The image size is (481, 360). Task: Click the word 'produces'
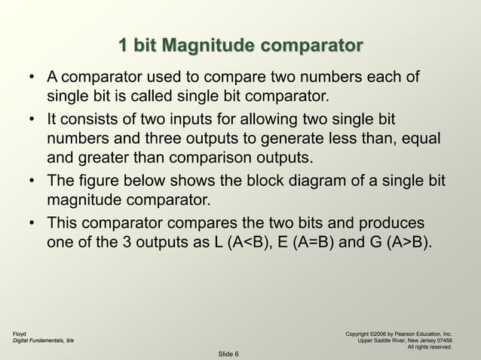(x=385, y=224)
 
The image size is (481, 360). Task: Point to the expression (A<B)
(x=255, y=244)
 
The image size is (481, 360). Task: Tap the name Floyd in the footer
(x=20, y=333)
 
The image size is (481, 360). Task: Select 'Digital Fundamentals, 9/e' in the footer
(x=43, y=341)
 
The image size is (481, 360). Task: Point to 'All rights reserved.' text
(x=430, y=347)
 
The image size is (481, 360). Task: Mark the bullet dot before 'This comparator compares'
(x=32, y=224)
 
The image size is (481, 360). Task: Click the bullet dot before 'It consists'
(x=32, y=121)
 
